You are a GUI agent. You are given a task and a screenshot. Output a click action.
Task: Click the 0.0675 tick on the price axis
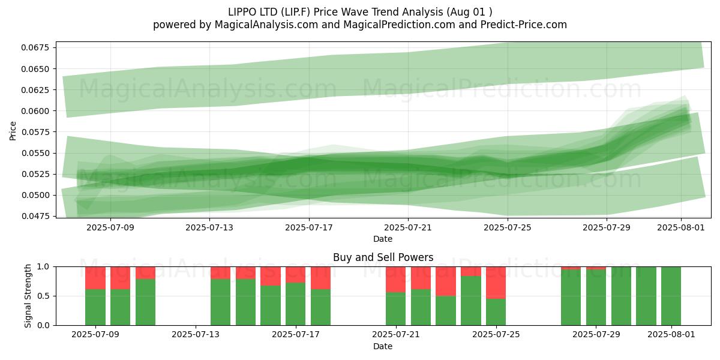point(35,47)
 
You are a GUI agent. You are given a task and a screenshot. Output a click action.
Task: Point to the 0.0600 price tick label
point(35,111)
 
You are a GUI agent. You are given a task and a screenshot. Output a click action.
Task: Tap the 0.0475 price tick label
point(35,216)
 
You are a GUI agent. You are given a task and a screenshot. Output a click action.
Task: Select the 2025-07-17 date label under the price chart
point(309,227)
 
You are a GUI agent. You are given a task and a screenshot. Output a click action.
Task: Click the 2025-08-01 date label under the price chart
point(681,227)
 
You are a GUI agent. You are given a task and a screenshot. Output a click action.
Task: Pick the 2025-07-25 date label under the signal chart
point(496,334)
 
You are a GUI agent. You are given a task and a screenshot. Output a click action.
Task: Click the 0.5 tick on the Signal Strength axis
point(44,296)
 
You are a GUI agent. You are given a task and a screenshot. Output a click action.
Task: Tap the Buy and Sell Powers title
point(383,257)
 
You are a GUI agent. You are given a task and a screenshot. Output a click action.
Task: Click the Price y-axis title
point(13,131)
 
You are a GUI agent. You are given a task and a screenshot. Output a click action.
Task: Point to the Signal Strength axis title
point(28,296)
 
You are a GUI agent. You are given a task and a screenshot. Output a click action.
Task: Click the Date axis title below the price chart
point(383,239)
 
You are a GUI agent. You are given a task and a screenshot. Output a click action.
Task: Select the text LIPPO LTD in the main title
point(253,12)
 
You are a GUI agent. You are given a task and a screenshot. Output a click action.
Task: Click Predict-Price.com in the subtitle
point(524,25)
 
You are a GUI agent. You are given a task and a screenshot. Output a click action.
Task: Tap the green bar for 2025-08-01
point(671,296)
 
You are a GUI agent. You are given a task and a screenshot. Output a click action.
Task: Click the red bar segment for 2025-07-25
point(496,283)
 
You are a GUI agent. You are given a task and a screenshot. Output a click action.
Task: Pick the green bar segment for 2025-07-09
point(95,307)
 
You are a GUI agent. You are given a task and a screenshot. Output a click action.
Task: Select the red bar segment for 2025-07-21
point(395,280)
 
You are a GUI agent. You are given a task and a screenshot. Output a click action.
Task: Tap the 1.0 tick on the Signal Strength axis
point(44,266)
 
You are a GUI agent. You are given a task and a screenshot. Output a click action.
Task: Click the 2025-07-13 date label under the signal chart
point(196,334)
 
